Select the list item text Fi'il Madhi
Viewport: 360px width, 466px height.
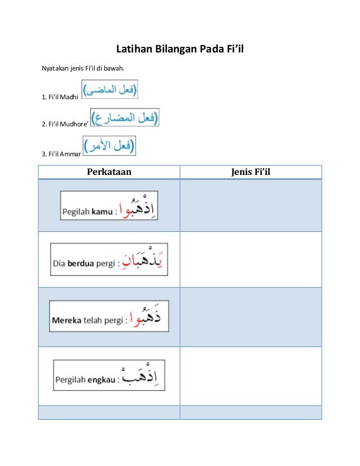tap(60, 97)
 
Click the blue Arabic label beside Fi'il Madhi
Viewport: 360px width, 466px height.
tap(111, 90)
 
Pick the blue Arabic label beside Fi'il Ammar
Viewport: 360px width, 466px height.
tap(109, 146)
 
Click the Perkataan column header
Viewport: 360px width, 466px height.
tap(109, 172)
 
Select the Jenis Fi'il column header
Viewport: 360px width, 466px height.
tap(251, 172)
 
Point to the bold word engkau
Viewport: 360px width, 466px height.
tap(102, 380)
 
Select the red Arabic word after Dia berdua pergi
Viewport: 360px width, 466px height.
tap(149, 260)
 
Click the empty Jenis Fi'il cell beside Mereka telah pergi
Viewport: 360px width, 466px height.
tap(251, 317)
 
